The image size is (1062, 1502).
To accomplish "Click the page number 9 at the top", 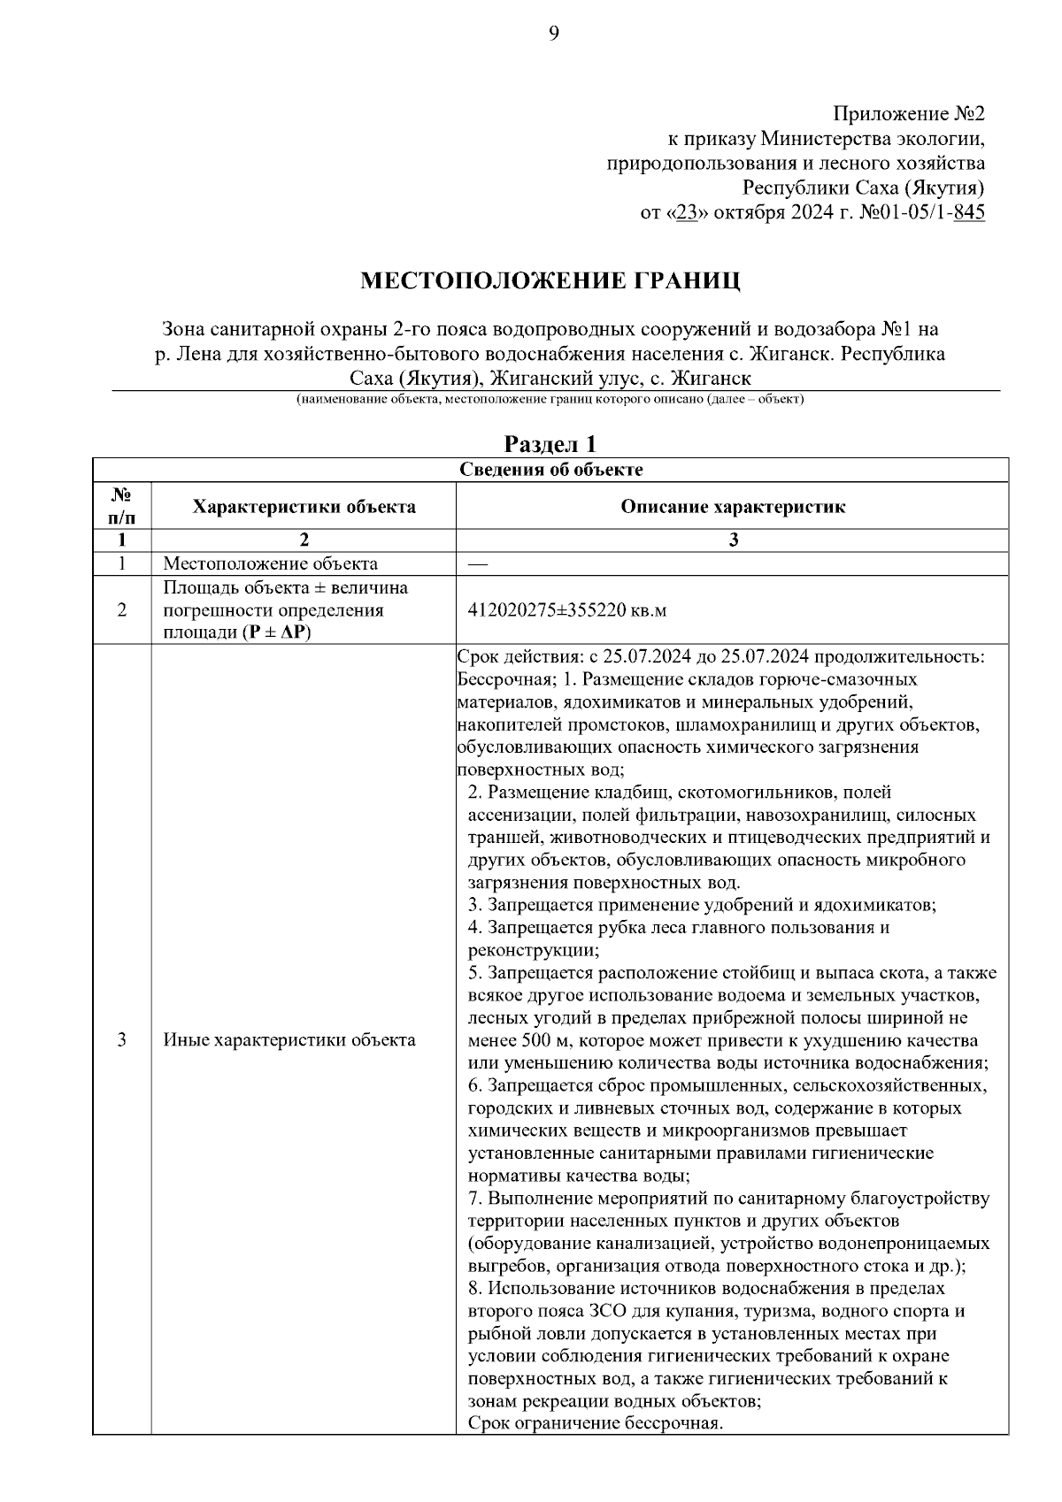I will tap(554, 34).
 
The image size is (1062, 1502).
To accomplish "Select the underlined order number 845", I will tap(969, 213).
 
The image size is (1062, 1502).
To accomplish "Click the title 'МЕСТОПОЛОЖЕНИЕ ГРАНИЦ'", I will tap(550, 281).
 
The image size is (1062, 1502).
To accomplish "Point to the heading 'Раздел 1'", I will tap(550, 444).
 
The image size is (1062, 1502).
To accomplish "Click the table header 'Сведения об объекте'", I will tap(550, 470).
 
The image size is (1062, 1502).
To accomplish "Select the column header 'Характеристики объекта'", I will tap(304, 507).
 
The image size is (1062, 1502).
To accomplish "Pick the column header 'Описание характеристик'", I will tap(732, 507).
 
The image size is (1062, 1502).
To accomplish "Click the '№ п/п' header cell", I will tap(121, 507).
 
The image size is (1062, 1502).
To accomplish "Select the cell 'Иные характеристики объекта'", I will tap(289, 1040).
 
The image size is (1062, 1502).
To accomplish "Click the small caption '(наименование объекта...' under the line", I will tap(550, 400).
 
